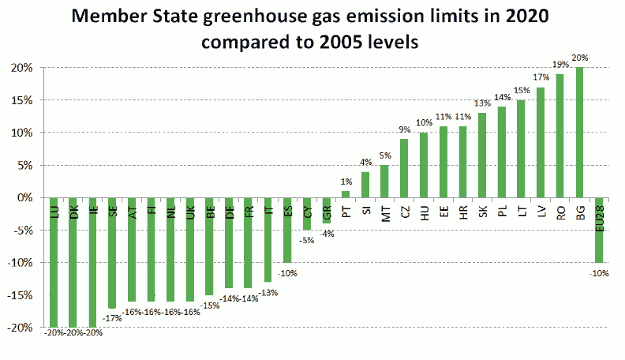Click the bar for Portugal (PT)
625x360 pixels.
pyautogui.click(x=345, y=194)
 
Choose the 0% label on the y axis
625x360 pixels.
pyautogui.click(x=24, y=197)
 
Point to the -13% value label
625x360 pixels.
pyautogui.click(x=268, y=293)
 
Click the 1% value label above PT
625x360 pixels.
pyautogui.click(x=345, y=182)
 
